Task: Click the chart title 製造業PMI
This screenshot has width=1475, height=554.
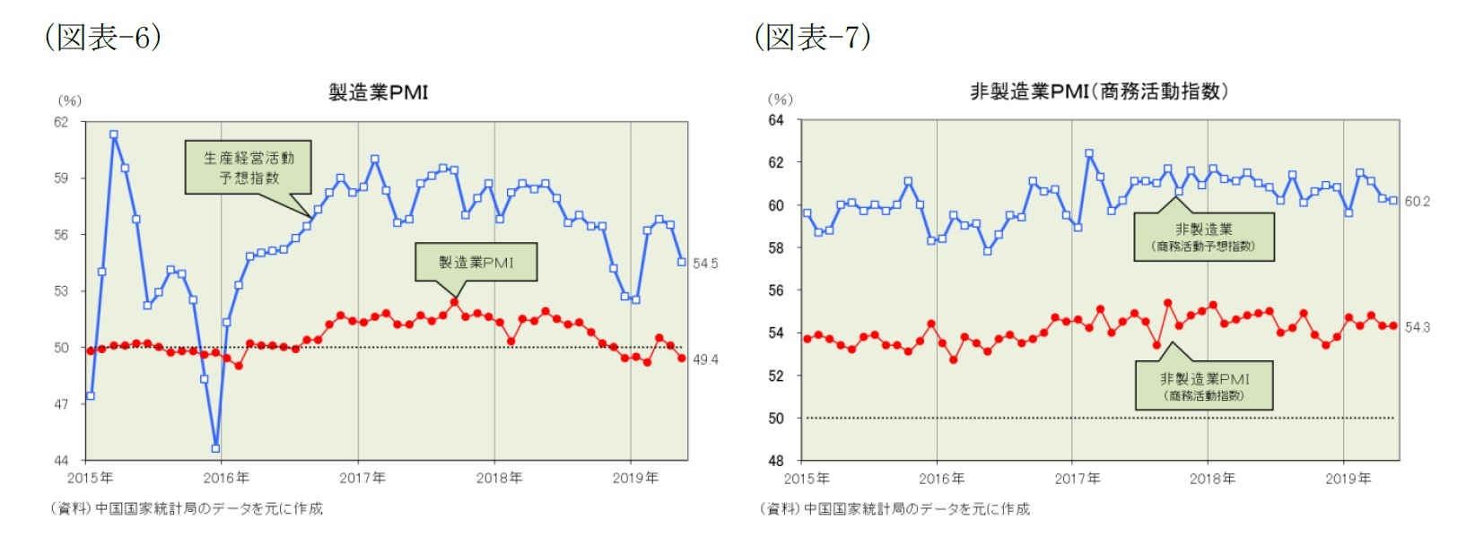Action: [378, 92]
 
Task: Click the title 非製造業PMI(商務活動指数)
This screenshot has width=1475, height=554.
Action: [1098, 91]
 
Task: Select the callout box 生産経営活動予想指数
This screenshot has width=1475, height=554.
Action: [249, 168]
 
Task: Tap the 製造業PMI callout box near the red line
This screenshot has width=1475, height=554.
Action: [476, 262]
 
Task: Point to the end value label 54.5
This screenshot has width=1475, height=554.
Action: [705, 264]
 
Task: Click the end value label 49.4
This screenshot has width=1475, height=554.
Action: [705, 359]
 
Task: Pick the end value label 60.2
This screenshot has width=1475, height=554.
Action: [1418, 202]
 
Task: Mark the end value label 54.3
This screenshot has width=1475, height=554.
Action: [1418, 327]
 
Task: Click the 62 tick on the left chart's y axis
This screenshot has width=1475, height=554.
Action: [61, 122]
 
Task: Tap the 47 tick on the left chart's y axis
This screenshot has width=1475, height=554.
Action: [61, 404]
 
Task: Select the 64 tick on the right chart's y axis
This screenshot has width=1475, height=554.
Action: [775, 120]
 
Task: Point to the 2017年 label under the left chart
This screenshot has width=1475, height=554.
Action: [362, 478]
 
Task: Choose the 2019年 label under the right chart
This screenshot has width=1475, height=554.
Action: [1348, 479]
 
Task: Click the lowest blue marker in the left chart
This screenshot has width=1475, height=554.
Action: [215, 448]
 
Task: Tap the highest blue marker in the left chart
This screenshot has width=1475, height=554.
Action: [114, 135]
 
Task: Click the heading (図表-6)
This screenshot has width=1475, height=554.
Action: [103, 37]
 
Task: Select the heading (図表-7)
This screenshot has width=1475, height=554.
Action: [812, 37]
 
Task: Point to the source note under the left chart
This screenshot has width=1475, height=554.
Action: [187, 508]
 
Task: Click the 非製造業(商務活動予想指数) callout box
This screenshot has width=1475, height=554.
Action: [1203, 237]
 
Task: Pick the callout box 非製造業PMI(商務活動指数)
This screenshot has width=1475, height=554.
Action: [1203, 385]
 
